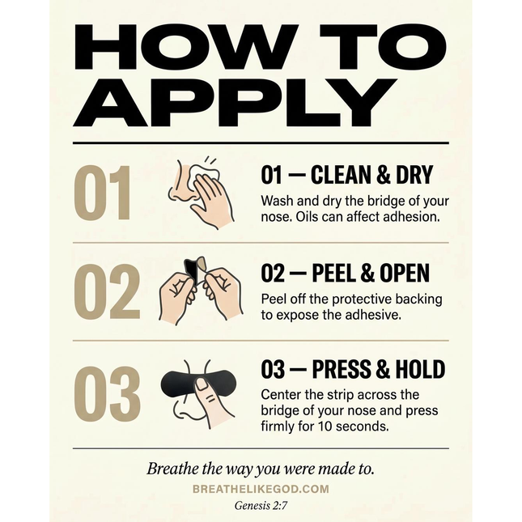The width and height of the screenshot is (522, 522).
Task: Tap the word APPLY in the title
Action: coord(235,103)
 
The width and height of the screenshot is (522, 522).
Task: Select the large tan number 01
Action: coord(103,193)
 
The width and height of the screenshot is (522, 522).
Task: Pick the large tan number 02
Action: coord(107,291)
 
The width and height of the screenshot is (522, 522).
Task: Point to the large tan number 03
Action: coord(107,394)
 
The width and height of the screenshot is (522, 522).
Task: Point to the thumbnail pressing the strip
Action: coord(202,384)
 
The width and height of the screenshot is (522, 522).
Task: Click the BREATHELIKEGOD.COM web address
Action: coord(261,489)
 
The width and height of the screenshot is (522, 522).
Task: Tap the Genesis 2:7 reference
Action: coord(261,506)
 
